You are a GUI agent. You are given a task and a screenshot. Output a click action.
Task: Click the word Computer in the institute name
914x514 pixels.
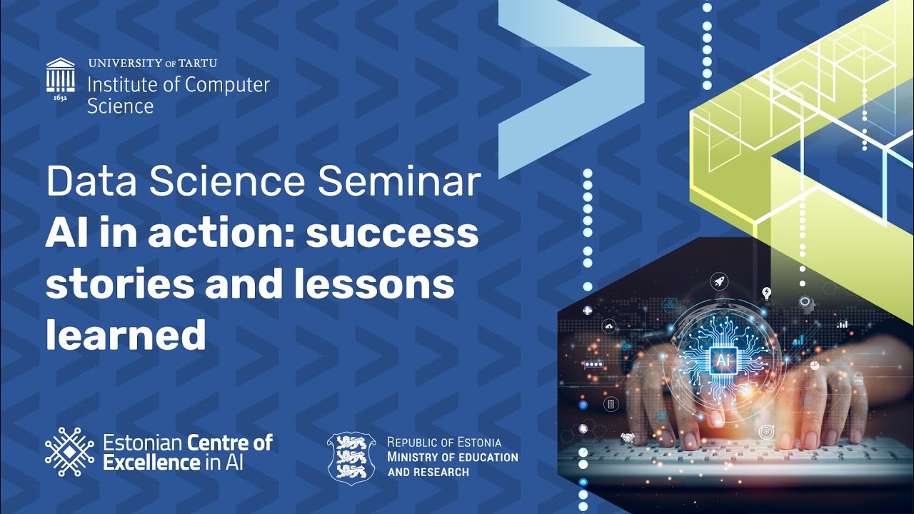[x=226, y=85]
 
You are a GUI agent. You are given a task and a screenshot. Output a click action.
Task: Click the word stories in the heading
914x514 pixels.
[x=120, y=283]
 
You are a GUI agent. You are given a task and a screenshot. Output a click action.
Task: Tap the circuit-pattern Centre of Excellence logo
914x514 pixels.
[x=69, y=452]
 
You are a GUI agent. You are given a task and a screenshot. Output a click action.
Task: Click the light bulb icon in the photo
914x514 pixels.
[x=767, y=293]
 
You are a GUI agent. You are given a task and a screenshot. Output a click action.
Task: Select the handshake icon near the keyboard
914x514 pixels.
[x=628, y=437]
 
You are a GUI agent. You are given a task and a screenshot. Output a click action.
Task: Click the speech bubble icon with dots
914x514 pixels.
[x=594, y=364]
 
